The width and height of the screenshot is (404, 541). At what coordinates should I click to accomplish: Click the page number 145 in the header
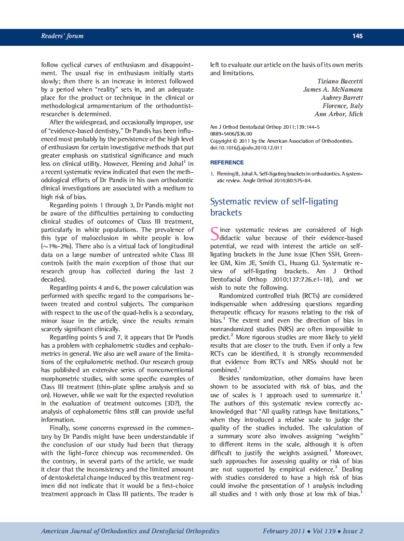pos(357,36)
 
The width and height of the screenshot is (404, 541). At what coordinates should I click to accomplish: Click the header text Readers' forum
pos(62,36)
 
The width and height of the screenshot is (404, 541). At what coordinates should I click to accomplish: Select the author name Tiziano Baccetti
pos(340,81)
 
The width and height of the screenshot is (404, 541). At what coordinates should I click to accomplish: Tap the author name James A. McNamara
pos(333,89)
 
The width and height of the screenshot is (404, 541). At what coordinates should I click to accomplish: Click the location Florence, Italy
pos(343,106)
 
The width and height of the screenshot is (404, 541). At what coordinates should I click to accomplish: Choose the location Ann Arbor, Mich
pos(338,114)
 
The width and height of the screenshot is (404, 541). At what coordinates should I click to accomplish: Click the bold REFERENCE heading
pos(227,162)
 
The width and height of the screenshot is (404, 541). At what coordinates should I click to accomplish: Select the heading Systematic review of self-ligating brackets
pos(274,207)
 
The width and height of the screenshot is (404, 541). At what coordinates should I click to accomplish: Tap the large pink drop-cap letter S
pos(215,234)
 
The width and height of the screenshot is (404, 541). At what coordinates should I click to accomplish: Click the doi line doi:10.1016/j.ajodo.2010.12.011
pos(246,148)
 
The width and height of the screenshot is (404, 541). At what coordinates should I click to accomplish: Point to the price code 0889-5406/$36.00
pos(231,134)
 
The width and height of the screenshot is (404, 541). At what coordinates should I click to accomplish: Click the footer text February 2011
pos(283,531)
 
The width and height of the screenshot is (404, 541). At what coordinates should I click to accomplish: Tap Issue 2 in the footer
pos(353,531)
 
